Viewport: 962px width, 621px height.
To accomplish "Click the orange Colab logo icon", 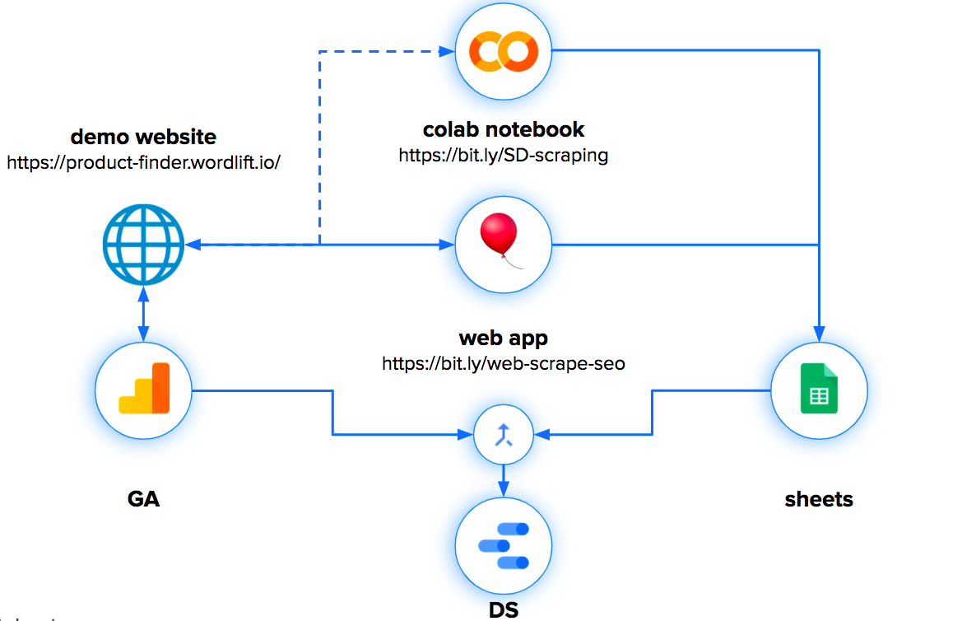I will click(x=504, y=51).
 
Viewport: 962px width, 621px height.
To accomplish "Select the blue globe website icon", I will click(x=143, y=245).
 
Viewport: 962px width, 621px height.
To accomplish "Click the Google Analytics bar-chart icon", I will click(x=143, y=389).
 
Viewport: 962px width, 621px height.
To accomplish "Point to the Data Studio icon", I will click(x=504, y=546).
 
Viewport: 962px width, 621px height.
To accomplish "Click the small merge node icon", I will click(x=504, y=433).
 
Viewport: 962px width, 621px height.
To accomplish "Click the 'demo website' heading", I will click(x=143, y=137).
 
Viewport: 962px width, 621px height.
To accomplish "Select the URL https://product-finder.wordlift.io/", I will click(x=143, y=162).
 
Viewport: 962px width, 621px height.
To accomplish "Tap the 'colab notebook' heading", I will click(x=504, y=129).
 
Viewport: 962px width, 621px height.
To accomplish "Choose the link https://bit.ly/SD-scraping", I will click(x=504, y=155).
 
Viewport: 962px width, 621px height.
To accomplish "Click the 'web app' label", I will click(x=504, y=338).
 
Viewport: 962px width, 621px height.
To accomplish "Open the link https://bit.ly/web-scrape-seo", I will click(x=504, y=363).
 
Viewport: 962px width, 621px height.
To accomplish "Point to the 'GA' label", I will click(x=143, y=498).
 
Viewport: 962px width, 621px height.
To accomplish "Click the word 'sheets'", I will click(x=819, y=498).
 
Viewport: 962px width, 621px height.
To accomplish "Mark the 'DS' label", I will click(x=504, y=609).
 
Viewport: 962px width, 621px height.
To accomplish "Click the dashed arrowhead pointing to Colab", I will click(x=448, y=52).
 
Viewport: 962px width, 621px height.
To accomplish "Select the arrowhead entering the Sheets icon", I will click(x=819, y=333).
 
